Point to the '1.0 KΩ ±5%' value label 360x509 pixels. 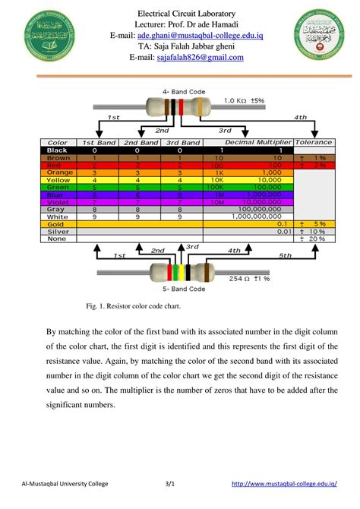tap(244, 100)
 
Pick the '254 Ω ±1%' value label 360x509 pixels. tap(251, 280)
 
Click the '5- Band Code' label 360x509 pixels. tap(183, 289)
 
